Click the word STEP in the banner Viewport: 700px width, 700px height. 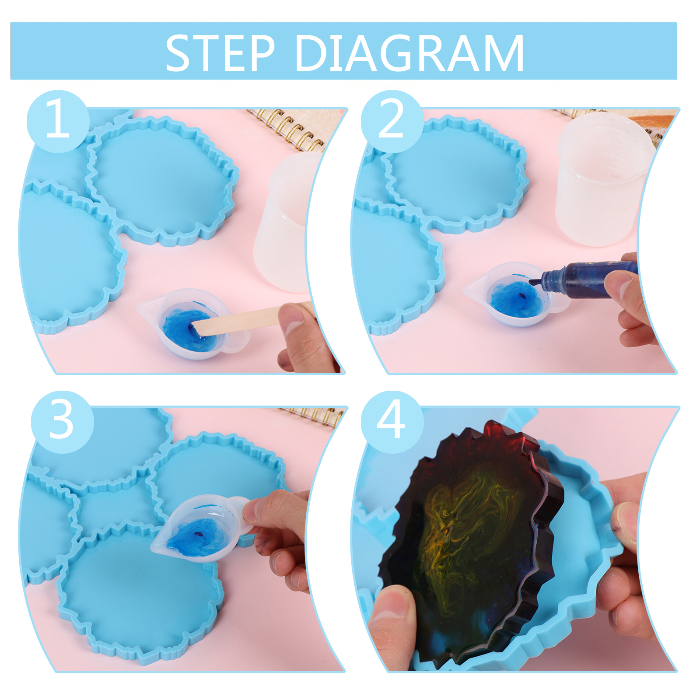tap(220, 53)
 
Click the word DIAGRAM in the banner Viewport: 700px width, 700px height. tap(410, 53)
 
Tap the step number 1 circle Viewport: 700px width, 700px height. tap(58, 121)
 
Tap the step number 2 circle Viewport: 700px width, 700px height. tap(392, 121)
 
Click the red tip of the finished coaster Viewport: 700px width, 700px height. tap(503, 433)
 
